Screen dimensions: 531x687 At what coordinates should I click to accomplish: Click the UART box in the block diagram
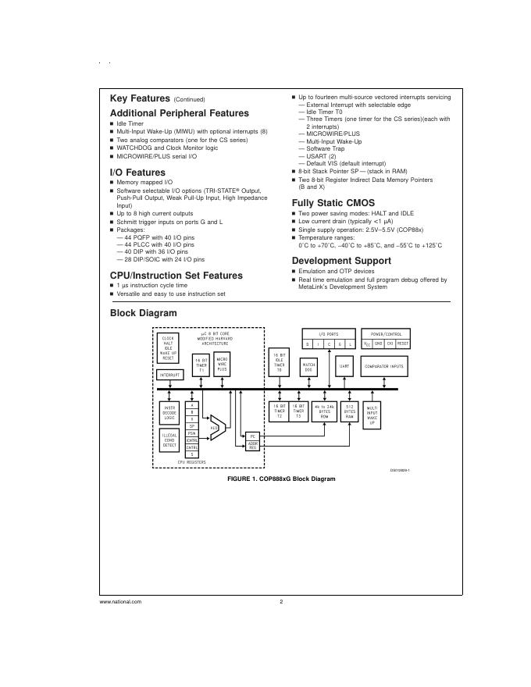[344, 365]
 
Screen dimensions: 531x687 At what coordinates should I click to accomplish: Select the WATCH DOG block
[308, 365]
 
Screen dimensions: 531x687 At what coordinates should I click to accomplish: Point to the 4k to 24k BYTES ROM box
[324, 411]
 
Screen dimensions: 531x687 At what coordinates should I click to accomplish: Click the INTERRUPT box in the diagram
[169, 376]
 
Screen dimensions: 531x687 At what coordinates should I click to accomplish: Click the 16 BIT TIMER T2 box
[279, 411]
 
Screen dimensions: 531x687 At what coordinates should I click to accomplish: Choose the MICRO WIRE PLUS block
[223, 365]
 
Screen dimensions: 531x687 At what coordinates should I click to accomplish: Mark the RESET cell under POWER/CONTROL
[403, 343]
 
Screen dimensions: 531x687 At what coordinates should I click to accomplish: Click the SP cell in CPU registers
[191, 426]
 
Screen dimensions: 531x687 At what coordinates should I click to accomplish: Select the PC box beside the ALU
[252, 436]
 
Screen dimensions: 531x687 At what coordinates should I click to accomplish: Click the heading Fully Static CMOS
[333, 203]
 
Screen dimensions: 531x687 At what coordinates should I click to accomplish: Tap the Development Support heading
[341, 261]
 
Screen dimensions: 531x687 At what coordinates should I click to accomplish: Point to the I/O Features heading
[137, 173]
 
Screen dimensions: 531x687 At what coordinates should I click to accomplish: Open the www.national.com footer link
[120, 602]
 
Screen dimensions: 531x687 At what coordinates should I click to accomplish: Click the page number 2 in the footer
[280, 602]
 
